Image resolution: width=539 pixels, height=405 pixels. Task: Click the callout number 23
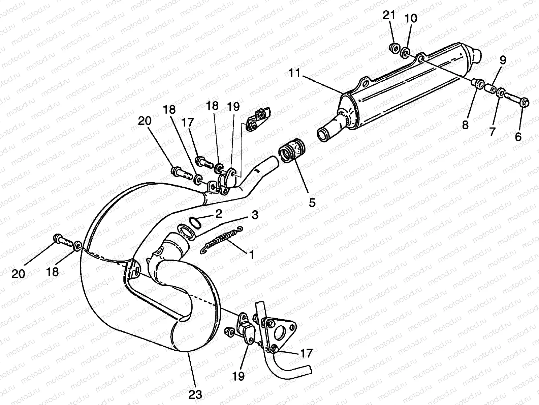(195, 394)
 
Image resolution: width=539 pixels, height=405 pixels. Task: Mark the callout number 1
(251, 254)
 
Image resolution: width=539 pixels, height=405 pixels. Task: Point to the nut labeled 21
(393, 48)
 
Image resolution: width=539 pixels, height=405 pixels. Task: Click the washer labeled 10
(406, 53)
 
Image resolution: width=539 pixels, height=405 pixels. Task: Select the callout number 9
(503, 60)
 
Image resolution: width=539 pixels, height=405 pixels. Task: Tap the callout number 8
(465, 125)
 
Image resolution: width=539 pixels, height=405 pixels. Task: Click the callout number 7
(492, 131)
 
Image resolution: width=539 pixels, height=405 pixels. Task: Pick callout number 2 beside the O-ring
(219, 214)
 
